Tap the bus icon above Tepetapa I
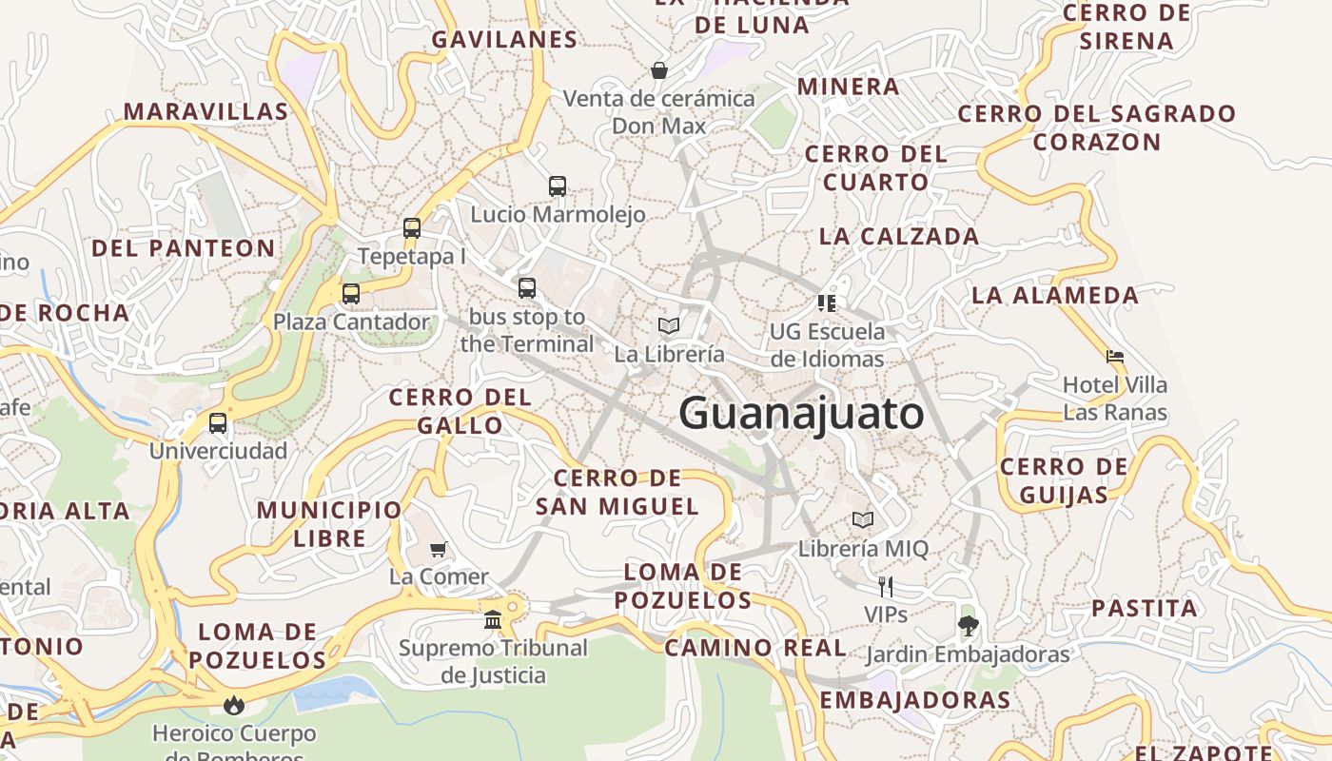(x=412, y=228)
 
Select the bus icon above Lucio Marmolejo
(x=558, y=186)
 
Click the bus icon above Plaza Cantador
(x=351, y=294)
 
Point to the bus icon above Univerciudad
(x=218, y=423)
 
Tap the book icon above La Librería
(x=669, y=326)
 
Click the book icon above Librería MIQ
(x=863, y=520)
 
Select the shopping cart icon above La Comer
(x=439, y=549)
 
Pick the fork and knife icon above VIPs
(x=886, y=586)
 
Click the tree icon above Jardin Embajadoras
(x=968, y=626)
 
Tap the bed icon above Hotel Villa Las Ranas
(x=1115, y=357)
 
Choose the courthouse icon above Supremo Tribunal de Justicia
(x=493, y=620)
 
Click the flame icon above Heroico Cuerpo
(x=233, y=705)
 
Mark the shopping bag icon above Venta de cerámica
(x=658, y=70)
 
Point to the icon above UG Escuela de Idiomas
(x=827, y=303)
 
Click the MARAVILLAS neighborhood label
(x=206, y=111)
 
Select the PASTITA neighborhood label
(x=1144, y=608)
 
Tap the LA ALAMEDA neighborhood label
(x=1054, y=295)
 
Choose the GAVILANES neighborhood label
(x=504, y=39)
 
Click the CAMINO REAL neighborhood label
(x=754, y=648)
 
